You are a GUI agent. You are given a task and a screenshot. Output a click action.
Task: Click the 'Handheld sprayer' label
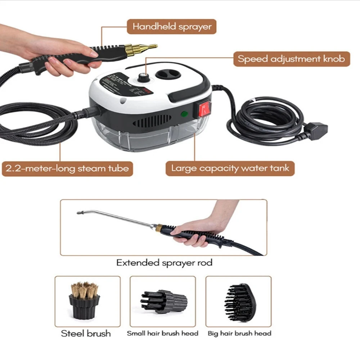tap(172, 27)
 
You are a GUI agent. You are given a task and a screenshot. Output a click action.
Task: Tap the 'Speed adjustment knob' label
tap(292, 58)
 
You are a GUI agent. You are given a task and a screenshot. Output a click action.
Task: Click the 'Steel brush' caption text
tap(86, 333)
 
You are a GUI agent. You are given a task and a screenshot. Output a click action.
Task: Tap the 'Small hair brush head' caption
tap(162, 333)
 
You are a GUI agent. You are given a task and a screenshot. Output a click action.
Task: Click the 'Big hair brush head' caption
tap(239, 333)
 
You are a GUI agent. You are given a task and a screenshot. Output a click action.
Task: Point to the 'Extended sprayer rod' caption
tap(164, 262)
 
